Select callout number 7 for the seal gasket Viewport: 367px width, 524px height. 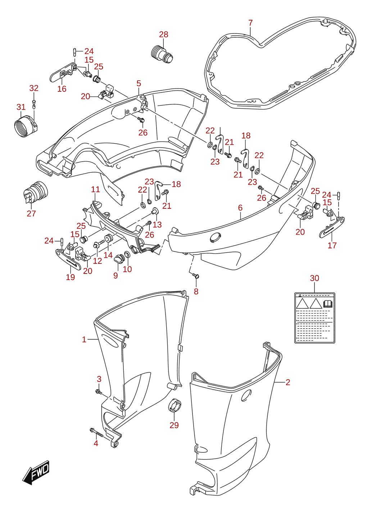250,23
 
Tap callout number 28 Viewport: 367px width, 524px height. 163,35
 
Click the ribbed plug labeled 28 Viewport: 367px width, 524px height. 162,55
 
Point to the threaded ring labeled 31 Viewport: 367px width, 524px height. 25,126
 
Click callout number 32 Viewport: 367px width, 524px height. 34,88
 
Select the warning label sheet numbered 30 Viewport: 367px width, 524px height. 314,318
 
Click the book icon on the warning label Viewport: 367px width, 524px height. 327,304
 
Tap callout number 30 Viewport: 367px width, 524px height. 314,278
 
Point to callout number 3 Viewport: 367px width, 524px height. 99,379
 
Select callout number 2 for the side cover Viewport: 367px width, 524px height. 288,382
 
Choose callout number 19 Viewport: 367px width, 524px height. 70,277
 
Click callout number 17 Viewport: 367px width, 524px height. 332,245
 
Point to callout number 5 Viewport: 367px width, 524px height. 139,83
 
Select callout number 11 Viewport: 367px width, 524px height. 95,189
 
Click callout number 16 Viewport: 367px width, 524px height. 62,89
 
